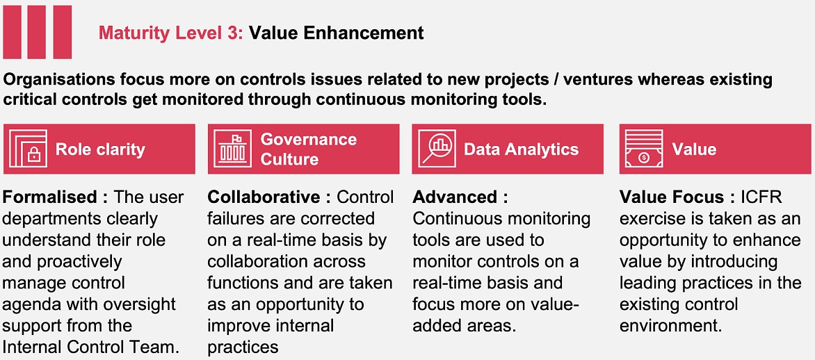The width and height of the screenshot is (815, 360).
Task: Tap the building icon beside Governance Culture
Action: pos(232,148)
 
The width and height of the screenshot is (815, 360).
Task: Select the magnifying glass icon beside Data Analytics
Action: pos(437,148)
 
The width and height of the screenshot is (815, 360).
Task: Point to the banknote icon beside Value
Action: pos(643,148)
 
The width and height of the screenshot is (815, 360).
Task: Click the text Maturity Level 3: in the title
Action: pos(171,34)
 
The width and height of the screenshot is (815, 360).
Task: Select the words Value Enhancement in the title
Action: pos(336,33)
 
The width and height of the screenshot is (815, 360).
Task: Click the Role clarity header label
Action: pos(100,149)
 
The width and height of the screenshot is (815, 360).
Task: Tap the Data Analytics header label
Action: pos(522,149)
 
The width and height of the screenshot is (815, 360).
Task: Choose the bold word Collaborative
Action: pos(264,197)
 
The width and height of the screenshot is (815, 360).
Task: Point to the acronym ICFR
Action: pos(763,197)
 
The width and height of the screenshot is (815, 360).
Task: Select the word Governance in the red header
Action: pos(308,139)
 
